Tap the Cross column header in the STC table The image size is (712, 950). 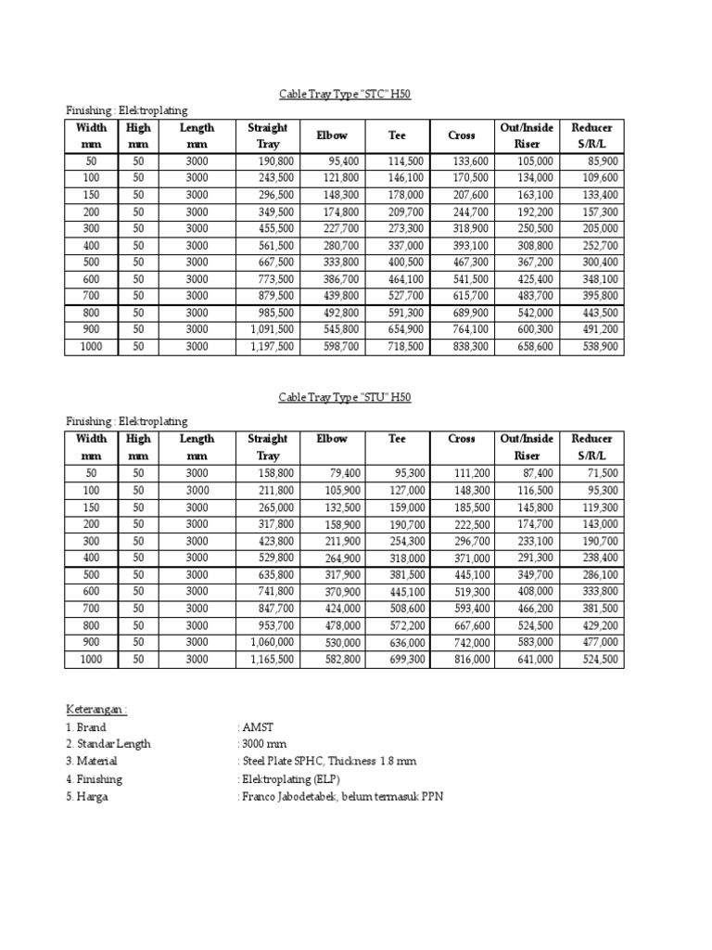pos(461,135)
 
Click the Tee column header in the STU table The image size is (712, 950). pos(397,439)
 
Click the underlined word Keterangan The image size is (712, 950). pos(95,710)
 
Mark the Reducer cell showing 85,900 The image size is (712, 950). pos(599,160)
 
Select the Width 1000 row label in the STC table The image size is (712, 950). pos(91,346)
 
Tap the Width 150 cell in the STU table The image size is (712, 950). pos(91,507)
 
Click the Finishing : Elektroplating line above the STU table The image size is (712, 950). pos(126,421)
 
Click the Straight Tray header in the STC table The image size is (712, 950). pos(267,135)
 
